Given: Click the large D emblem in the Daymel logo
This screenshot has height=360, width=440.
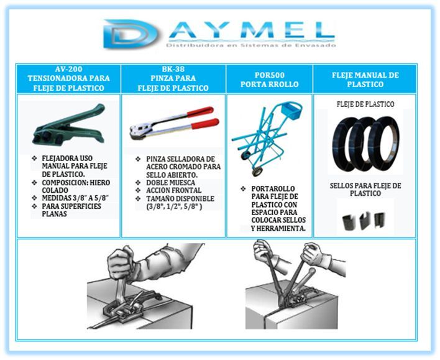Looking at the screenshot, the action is pyautogui.click(x=130, y=34).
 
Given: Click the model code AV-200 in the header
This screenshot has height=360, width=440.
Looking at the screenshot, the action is pyautogui.click(x=69, y=69).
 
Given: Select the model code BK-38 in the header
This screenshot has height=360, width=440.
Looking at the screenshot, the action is pyautogui.click(x=173, y=69).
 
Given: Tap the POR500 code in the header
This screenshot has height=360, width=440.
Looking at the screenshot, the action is pyautogui.click(x=269, y=75).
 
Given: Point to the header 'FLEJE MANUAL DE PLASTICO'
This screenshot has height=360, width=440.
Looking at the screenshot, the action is pyautogui.click(x=365, y=80).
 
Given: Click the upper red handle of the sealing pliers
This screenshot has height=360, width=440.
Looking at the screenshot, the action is pyautogui.click(x=200, y=111).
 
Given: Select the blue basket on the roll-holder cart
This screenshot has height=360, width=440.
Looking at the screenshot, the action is pyautogui.click(x=292, y=111).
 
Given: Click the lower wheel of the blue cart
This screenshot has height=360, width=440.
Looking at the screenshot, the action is pyautogui.click(x=257, y=172).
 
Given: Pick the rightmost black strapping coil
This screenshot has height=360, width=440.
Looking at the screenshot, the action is pyautogui.click(x=384, y=143).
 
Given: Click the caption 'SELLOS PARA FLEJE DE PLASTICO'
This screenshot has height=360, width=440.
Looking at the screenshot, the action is pyautogui.click(x=365, y=190).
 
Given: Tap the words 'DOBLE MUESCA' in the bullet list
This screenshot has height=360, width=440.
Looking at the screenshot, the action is pyautogui.click(x=171, y=183).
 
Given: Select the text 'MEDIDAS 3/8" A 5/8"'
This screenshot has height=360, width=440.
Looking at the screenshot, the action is pyautogui.click(x=75, y=198).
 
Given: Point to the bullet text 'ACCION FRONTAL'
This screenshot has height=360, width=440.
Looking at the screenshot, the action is pyautogui.click(x=173, y=190).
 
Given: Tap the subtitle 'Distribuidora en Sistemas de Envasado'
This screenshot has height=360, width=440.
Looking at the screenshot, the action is pyautogui.click(x=251, y=45).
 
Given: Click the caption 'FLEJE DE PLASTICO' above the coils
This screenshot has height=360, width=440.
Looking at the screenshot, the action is pyautogui.click(x=365, y=104).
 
